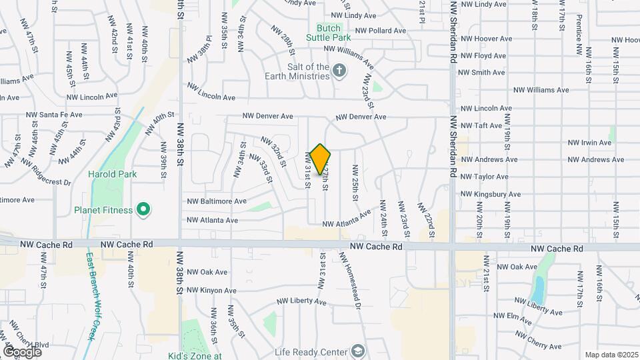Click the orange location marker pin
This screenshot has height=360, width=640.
321,159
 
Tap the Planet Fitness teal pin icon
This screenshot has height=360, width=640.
142,211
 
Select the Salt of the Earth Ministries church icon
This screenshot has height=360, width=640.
339,71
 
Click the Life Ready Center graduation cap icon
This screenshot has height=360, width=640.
358,351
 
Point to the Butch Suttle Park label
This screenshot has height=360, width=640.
328,33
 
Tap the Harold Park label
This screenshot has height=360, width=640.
112,175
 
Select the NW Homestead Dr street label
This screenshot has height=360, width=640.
351,280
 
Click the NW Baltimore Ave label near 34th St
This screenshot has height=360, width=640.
217,201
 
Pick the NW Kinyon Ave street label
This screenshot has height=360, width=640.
211,290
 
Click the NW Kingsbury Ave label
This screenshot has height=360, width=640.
489,195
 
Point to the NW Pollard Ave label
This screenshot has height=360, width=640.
380,31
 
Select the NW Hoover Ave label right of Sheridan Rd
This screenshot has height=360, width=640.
487,39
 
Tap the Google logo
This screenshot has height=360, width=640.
23,351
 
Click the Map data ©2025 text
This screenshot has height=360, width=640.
611,355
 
